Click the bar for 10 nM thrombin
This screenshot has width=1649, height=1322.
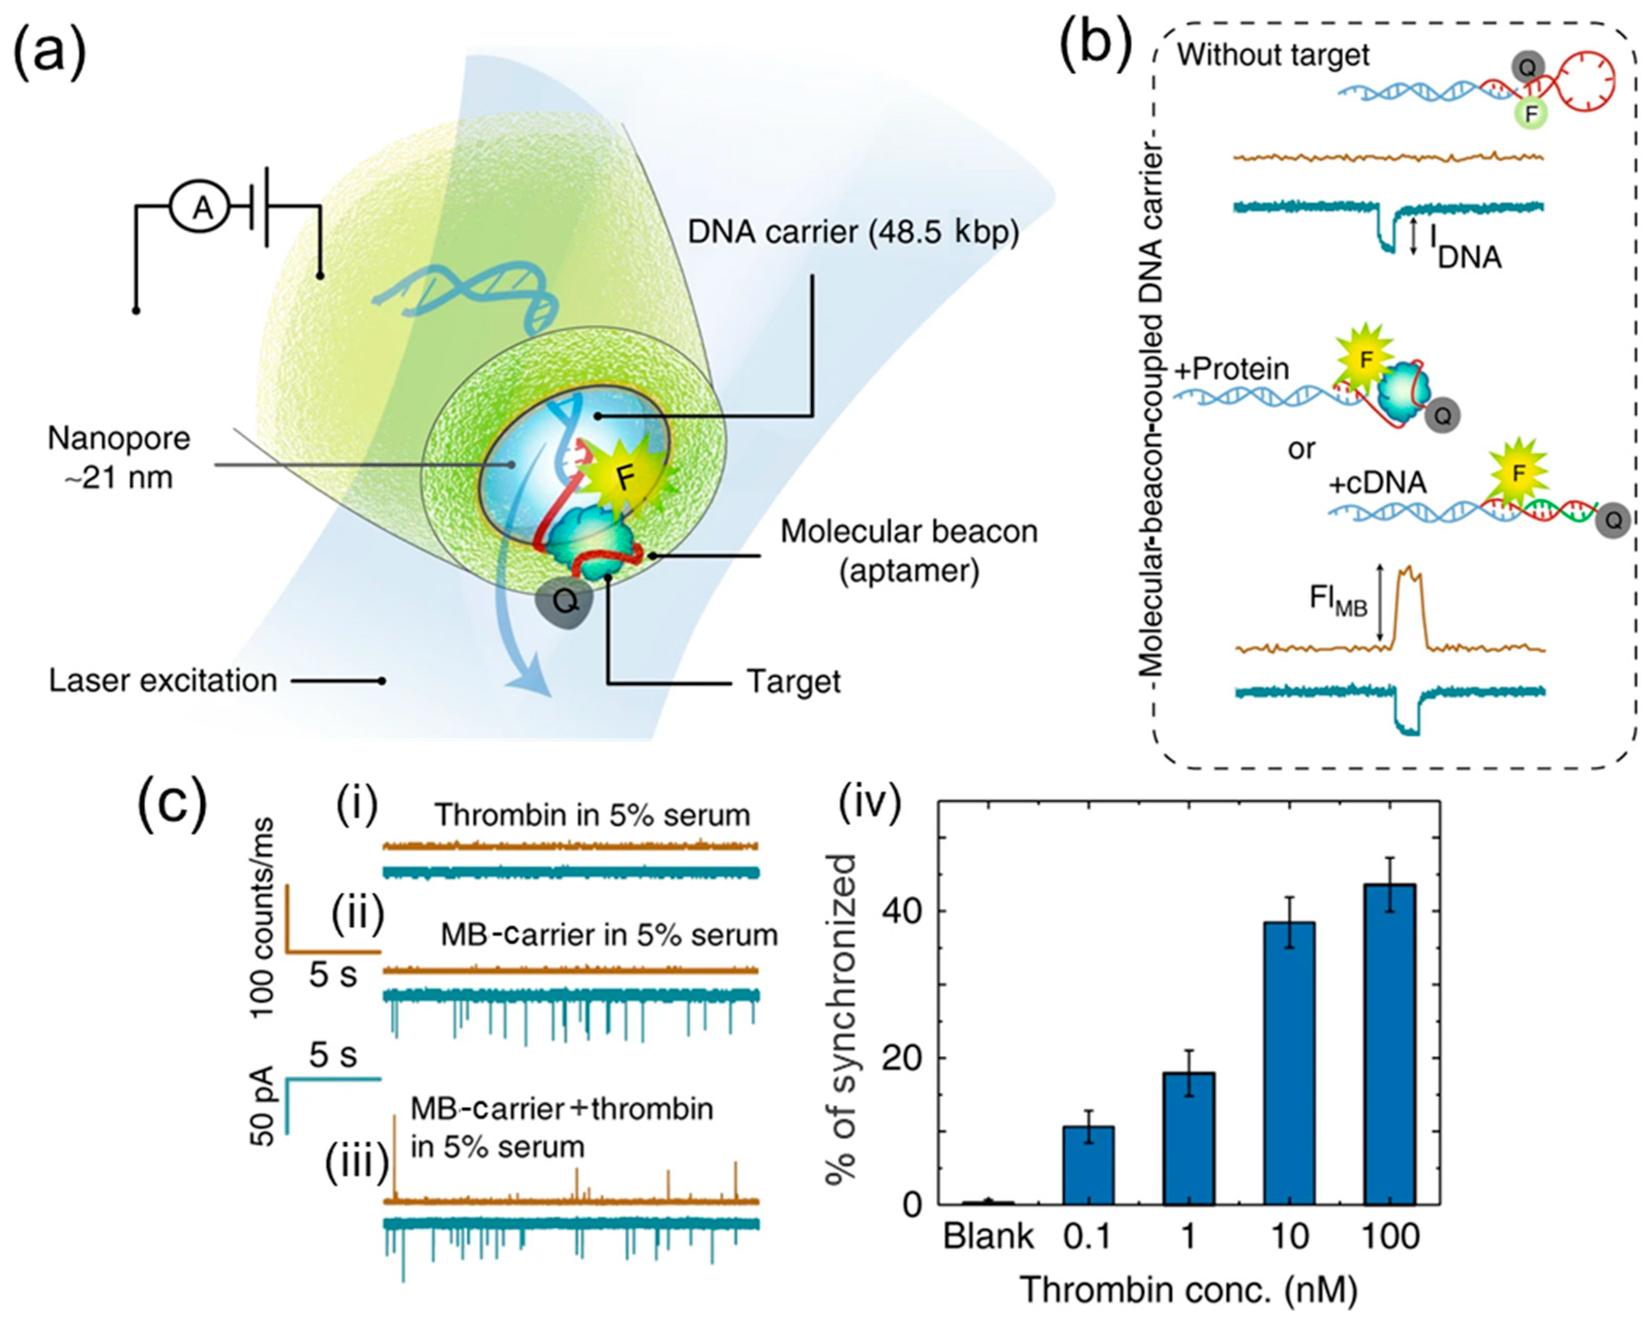1289,1063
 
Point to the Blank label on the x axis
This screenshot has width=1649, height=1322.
988,1236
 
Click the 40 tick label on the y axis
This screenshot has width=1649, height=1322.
896,911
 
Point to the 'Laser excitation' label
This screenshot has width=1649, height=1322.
163,680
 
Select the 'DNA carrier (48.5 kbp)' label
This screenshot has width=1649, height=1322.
853,232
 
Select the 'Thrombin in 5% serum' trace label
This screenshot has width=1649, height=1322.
592,815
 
